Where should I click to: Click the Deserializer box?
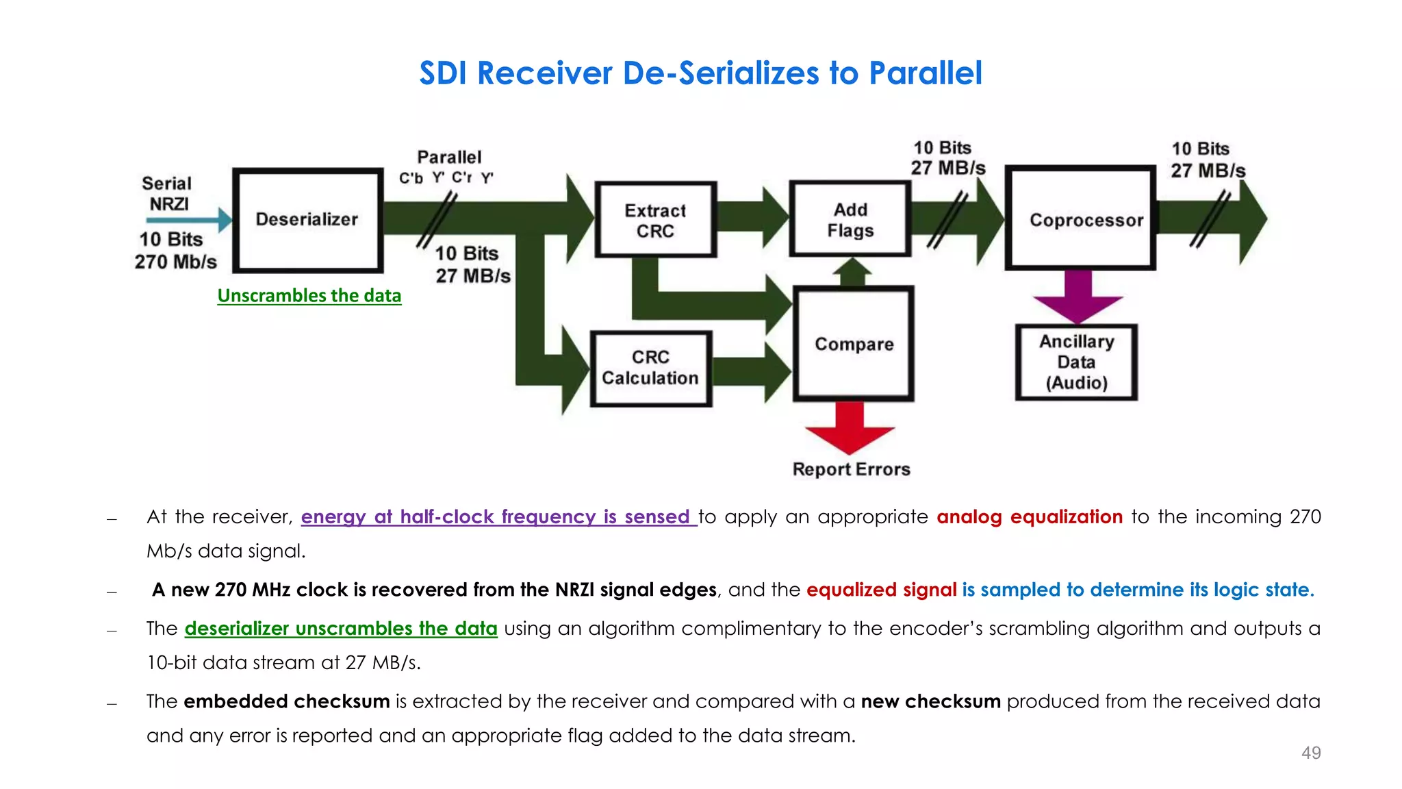[x=307, y=220]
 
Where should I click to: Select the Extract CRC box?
[x=655, y=220]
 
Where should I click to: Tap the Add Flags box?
[x=850, y=219]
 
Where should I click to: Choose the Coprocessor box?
[x=1080, y=218]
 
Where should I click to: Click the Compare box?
[x=853, y=344]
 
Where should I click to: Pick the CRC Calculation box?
[x=650, y=368]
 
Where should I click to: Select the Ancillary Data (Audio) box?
[x=1076, y=362]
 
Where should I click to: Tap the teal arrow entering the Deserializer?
[x=188, y=220]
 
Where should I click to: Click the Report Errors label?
[x=851, y=469]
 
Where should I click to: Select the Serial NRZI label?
[x=167, y=194]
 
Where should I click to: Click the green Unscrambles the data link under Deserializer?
[x=309, y=296]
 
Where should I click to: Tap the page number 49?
[x=1310, y=753]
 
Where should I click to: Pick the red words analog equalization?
[x=1029, y=516]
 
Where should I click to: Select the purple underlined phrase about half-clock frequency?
[x=498, y=517]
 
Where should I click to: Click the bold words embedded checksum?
[x=286, y=701]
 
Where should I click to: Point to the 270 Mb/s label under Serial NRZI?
[x=175, y=262]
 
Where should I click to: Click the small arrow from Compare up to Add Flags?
[x=852, y=272]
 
